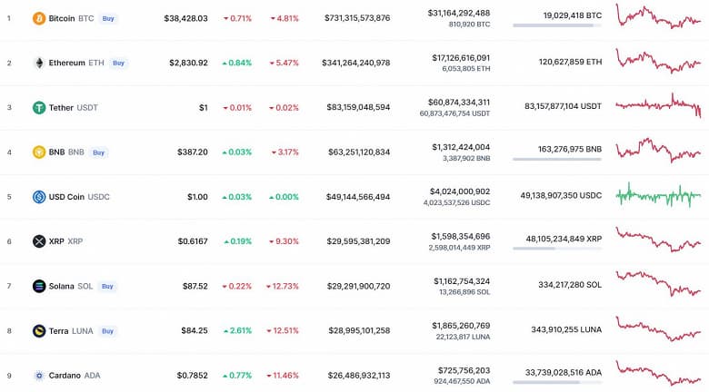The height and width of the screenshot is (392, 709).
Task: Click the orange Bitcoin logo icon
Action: pos(39,18)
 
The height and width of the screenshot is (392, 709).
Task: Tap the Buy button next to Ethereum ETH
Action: pos(118,63)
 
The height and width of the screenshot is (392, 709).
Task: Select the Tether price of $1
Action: pos(203,107)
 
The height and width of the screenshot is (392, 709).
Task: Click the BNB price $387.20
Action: pos(192,152)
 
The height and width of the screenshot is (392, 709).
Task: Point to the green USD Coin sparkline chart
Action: pos(658,195)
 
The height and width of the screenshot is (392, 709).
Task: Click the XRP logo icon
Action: pos(39,241)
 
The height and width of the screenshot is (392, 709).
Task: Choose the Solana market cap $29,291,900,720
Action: pos(357,286)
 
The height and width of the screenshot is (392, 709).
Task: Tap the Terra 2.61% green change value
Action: pos(237,330)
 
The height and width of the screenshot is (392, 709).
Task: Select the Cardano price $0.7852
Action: pos(190,375)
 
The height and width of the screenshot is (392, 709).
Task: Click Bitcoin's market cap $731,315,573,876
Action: pos(357,18)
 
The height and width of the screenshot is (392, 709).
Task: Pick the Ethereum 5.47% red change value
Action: pos(283,63)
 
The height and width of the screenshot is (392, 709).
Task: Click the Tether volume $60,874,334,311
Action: pos(459,102)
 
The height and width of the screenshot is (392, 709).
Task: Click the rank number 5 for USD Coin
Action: pos(9,197)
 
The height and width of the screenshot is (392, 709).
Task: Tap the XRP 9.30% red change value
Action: pos(283,241)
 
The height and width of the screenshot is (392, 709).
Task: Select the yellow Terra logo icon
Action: pos(39,330)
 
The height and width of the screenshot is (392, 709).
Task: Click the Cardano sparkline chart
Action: pos(658,371)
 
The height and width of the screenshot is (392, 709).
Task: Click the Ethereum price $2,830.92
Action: pos(188,63)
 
